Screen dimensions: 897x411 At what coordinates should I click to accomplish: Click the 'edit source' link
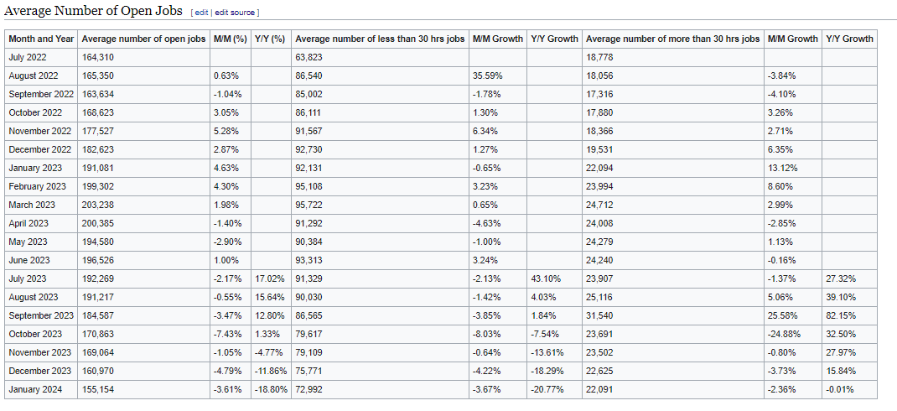[x=235, y=12]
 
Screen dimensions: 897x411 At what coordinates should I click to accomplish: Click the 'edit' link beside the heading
[x=202, y=12]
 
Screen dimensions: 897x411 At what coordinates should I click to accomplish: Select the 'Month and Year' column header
[x=41, y=39]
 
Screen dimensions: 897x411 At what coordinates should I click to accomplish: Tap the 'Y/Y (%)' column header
[x=269, y=39]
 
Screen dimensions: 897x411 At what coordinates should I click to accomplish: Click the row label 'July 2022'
[x=28, y=57]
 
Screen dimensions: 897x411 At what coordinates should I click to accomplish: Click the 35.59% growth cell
[x=487, y=75]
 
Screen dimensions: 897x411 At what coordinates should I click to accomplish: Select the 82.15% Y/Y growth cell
[x=840, y=315]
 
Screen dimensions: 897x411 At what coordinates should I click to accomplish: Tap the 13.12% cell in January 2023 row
[x=780, y=169]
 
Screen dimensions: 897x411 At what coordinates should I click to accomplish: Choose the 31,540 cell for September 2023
[x=599, y=315]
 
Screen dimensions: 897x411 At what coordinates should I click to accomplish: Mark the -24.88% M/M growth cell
[x=784, y=334]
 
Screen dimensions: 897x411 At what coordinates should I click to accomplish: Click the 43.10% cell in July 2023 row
[x=546, y=278]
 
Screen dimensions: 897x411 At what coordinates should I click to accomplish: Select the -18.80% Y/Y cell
[x=271, y=389]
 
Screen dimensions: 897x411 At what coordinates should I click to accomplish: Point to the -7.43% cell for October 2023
[x=228, y=334]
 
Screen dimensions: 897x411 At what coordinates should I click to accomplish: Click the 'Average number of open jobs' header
[x=143, y=39]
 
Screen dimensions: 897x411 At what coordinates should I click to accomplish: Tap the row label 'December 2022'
[x=39, y=150]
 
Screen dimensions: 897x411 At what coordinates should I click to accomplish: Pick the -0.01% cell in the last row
[x=840, y=389]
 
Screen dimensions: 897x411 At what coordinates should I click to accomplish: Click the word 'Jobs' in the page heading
[x=169, y=11]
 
